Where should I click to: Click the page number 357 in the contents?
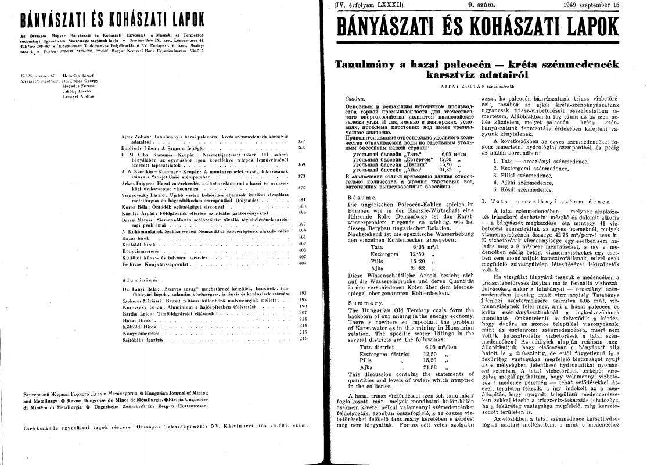click(301, 141)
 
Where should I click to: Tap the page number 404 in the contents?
click(301, 263)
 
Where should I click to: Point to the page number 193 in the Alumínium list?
click(301, 294)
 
